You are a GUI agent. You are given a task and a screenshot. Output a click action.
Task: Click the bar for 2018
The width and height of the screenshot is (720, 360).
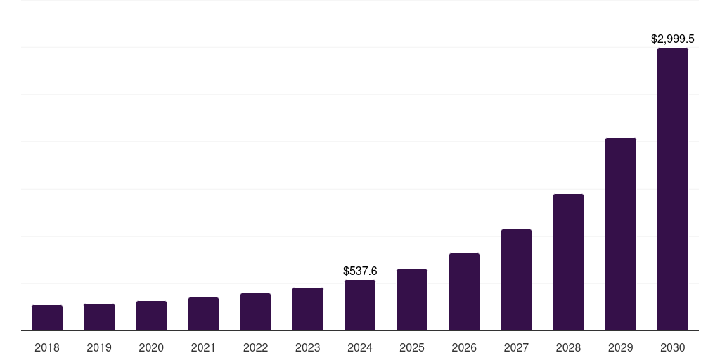47,318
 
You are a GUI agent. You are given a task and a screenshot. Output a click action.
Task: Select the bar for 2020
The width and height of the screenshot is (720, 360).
151,316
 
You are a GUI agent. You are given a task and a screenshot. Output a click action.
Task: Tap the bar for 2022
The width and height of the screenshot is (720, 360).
255,312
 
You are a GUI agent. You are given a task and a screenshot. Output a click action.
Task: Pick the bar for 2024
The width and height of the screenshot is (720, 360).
360,305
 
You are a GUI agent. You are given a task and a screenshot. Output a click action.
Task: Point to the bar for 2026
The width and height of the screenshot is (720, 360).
464,292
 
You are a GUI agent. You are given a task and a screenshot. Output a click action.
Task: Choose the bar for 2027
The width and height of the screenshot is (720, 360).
516,280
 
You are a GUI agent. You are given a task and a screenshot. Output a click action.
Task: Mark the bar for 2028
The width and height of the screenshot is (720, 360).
568,262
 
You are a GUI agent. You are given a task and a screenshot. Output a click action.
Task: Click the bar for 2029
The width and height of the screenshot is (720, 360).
621,234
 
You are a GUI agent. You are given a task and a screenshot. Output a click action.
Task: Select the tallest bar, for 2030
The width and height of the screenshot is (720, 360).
673,189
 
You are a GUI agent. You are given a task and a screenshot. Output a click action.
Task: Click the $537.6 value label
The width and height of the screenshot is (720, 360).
360,271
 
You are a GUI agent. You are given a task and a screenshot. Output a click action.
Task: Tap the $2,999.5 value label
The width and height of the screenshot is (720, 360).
673,39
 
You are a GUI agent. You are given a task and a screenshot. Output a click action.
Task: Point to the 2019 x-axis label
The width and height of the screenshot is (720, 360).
99,347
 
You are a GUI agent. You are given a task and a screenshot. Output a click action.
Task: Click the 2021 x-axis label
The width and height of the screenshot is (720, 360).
203,347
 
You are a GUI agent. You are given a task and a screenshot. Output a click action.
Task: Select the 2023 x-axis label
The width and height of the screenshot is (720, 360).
308,347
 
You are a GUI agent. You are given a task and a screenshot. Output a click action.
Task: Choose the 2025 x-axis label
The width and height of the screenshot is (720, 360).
412,347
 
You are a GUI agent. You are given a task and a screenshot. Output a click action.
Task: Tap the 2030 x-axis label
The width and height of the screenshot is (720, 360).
673,347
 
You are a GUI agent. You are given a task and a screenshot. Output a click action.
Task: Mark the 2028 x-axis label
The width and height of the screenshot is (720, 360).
568,347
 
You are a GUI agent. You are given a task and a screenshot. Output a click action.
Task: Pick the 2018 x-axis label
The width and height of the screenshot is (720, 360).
47,347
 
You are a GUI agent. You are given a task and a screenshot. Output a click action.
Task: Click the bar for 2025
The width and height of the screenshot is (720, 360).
412,300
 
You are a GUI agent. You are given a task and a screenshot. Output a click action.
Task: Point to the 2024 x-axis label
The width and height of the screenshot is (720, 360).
360,347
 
